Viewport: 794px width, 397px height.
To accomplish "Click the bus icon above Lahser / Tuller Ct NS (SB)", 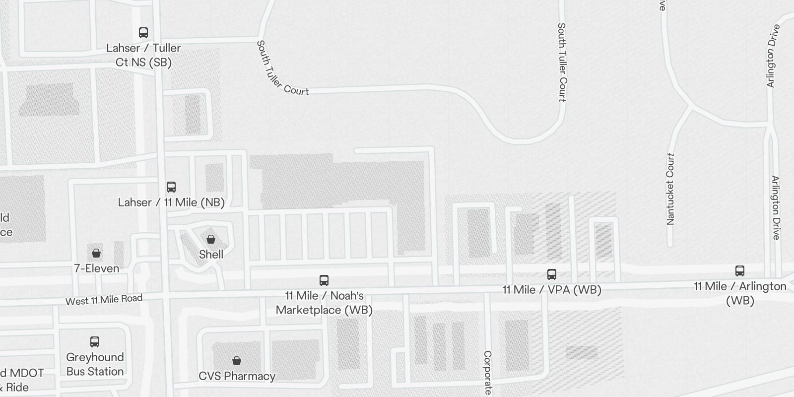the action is point(143,33).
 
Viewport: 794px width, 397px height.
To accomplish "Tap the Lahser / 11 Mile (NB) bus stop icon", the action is point(171,187).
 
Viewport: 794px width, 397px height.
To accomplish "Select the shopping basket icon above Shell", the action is point(211,239).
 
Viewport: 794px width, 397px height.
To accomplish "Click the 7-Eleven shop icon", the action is point(96,253).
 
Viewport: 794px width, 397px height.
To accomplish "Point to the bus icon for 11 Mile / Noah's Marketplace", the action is point(324,280).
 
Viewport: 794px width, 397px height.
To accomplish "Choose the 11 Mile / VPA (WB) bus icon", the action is point(551,274).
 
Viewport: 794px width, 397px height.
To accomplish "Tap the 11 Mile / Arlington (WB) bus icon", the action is point(739,271).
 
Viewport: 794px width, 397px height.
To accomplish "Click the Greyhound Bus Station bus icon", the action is point(95,342).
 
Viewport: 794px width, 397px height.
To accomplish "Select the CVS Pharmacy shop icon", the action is point(237,360).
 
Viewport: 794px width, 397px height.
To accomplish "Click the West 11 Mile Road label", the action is point(104,300).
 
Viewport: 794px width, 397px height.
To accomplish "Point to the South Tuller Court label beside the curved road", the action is point(282,69).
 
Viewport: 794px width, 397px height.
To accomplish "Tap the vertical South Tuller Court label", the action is point(562,62).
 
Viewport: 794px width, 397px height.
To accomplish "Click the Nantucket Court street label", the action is point(671,189).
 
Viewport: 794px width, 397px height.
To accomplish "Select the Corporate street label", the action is point(487,372).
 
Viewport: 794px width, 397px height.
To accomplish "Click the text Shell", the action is point(211,255).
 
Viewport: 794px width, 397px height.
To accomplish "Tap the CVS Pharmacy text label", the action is point(237,376).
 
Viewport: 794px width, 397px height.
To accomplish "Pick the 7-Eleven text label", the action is point(97,268).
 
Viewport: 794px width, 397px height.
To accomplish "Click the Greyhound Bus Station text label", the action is point(95,364).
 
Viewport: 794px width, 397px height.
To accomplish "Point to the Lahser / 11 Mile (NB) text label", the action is point(171,202).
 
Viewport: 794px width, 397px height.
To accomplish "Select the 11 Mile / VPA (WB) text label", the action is point(552,290).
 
